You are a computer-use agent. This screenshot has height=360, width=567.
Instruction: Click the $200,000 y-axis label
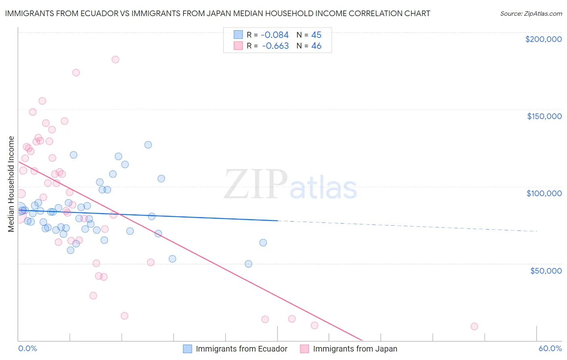[x=543, y=39]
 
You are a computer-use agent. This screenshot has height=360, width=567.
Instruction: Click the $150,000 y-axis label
[x=544, y=116]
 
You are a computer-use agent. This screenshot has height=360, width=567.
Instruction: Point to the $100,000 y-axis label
[x=544, y=193]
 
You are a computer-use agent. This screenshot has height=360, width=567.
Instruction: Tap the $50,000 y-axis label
[x=546, y=270]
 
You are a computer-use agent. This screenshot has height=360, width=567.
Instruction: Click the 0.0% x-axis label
[x=27, y=349]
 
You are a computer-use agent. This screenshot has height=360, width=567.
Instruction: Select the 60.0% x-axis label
[x=550, y=349]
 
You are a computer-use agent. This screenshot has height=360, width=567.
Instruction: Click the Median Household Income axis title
[x=11, y=184]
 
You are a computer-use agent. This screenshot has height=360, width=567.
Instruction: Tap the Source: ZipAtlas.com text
[x=531, y=13]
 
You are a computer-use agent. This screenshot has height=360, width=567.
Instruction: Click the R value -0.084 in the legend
[x=275, y=35]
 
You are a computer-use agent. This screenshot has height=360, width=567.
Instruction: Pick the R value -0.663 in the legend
[x=275, y=46]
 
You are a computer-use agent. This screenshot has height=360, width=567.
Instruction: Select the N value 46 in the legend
[x=316, y=46]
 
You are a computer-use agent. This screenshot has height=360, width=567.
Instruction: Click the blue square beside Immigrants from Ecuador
[x=188, y=349]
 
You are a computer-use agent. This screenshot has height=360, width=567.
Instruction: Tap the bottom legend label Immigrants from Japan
[x=355, y=349]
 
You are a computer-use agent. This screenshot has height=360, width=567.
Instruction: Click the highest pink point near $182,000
[x=115, y=59]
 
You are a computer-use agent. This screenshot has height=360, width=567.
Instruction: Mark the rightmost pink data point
[x=474, y=326]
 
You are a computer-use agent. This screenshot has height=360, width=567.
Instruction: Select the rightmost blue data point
[x=263, y=243]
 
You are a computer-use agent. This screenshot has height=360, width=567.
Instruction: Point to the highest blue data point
[x=148, y=144]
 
